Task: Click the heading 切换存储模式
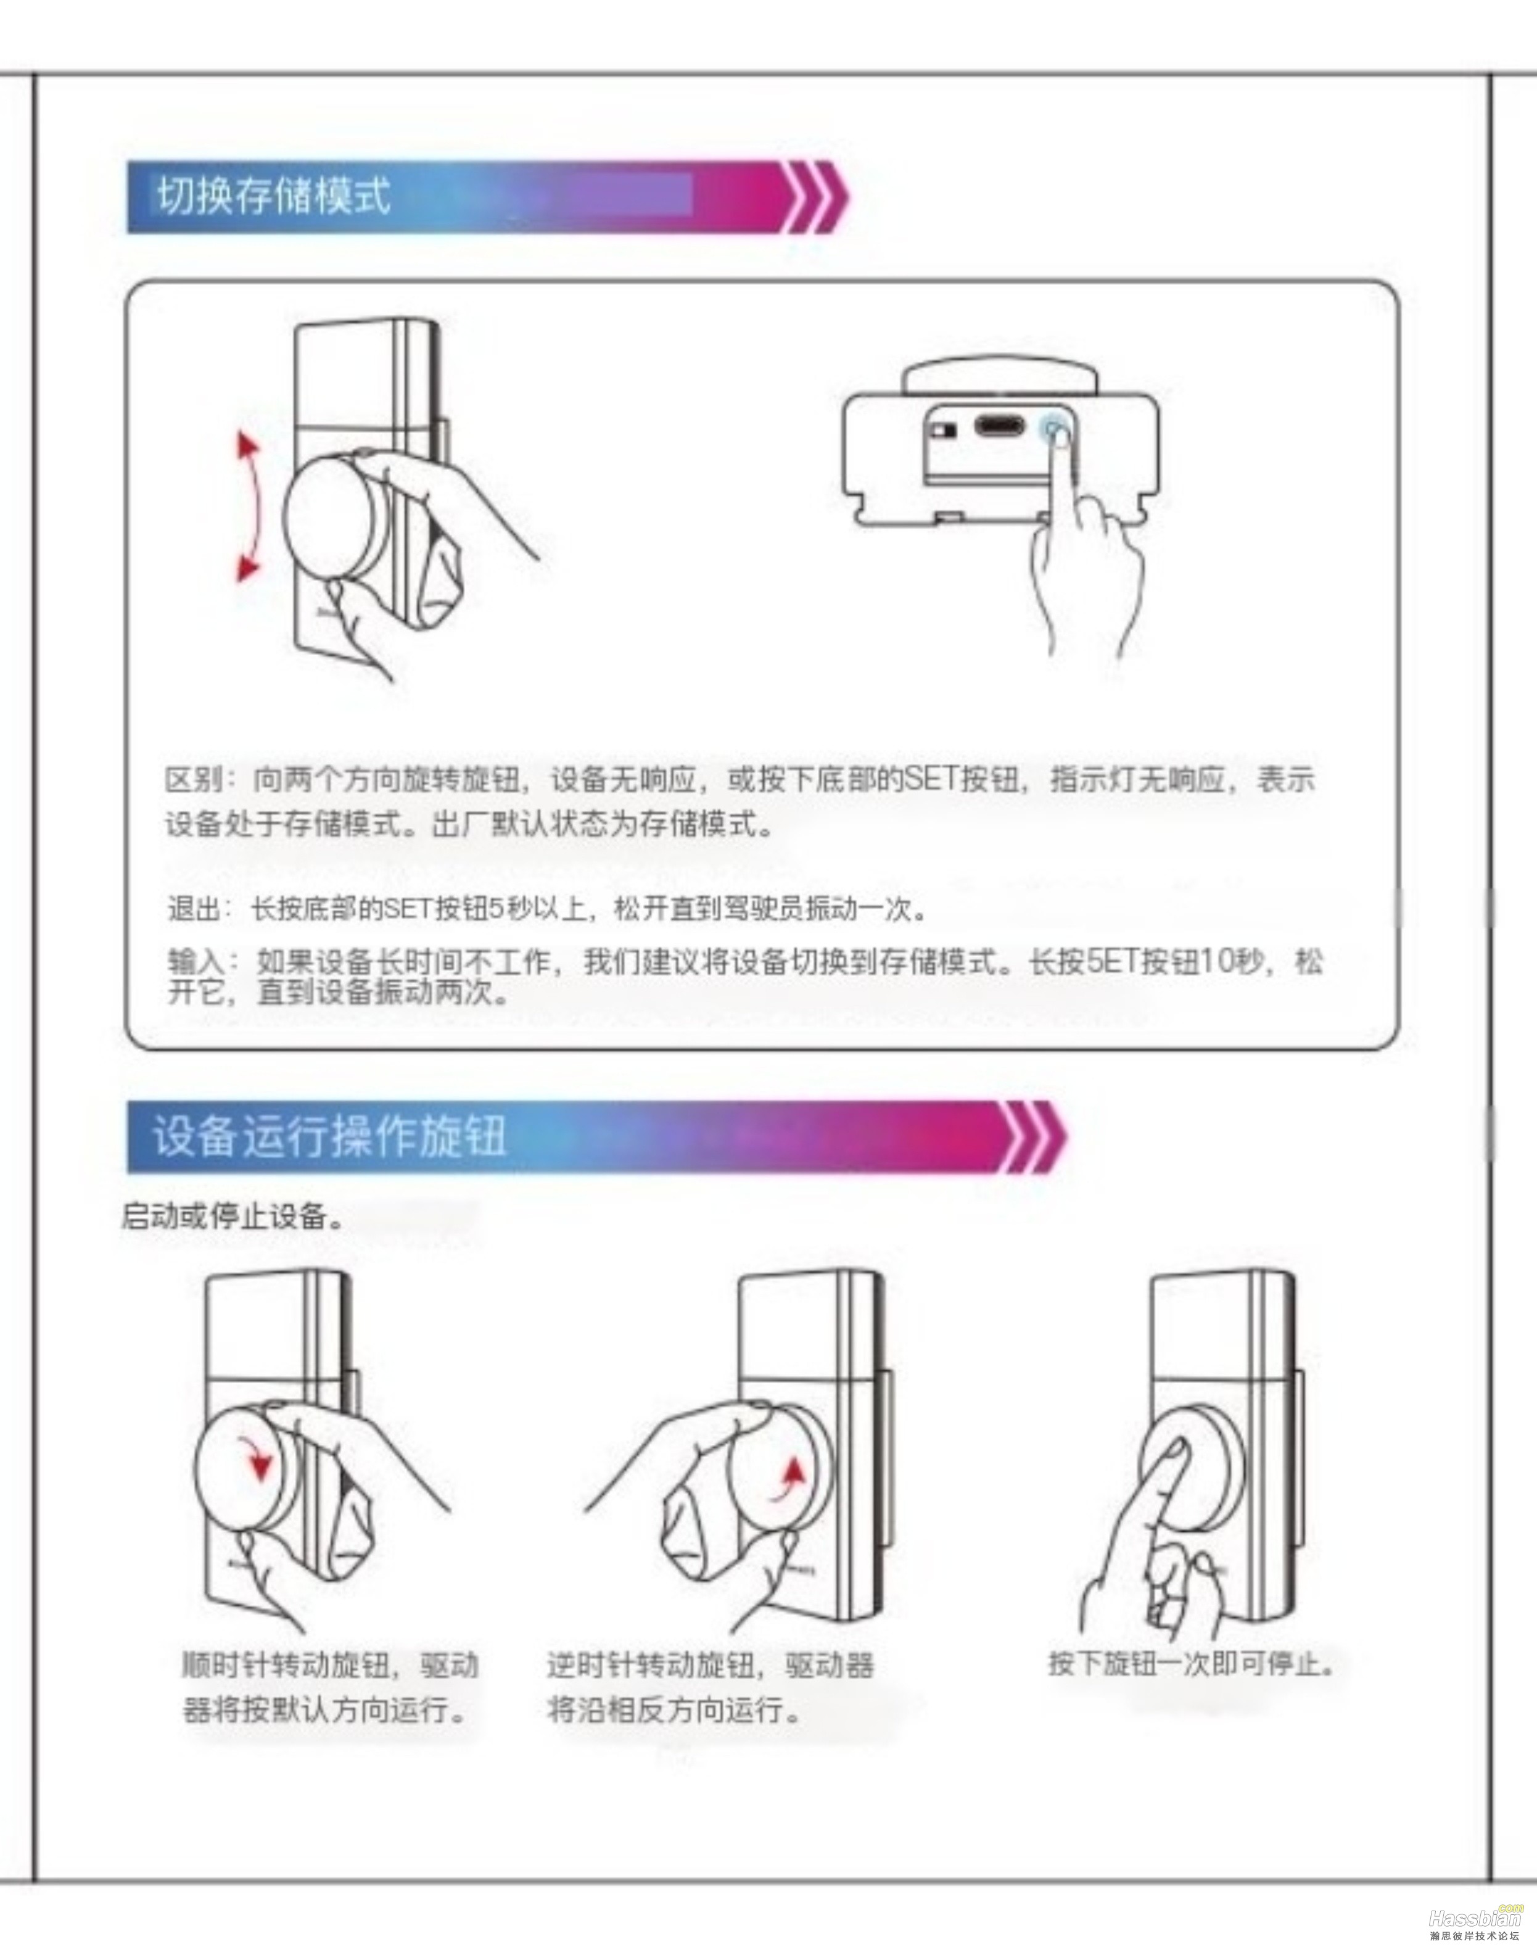(274, 196)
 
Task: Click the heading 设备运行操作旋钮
(329, 1136)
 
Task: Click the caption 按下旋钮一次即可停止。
(1192, 1663)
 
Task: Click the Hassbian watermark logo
(1476, 1917)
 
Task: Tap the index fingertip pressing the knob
(1177, 1451)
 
